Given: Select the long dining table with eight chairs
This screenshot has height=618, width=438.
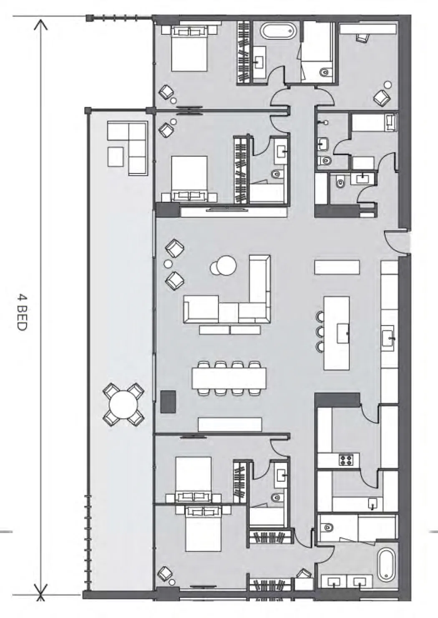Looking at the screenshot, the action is tap(229, 378).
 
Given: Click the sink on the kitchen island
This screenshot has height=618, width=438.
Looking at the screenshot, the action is tap(343, 334).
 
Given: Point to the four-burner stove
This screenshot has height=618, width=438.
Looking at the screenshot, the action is tap(346, 460).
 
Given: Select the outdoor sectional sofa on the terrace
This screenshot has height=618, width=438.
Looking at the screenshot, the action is tap(127, 148).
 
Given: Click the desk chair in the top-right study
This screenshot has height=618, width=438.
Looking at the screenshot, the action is tap(362, 38).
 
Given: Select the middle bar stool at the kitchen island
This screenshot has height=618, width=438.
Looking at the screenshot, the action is tap(320, 331).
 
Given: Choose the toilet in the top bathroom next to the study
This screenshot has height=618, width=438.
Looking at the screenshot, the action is tap(325, 72).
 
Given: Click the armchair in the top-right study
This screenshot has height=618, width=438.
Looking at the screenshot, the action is tap(382, 97).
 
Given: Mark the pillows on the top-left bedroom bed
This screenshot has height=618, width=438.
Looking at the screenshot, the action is tap(189, 31).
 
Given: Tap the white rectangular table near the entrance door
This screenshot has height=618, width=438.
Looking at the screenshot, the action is tap(337, 267).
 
